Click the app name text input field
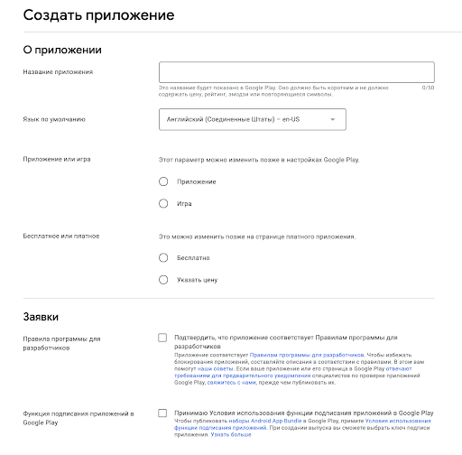296,71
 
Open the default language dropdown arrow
332,119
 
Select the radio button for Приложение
163,181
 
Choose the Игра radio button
163,203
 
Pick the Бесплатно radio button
163,257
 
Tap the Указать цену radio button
163,279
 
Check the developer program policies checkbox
162,338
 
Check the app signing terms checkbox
162,413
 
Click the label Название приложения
59,71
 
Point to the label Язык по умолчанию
54,119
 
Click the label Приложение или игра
57,159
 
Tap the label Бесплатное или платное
60,236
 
